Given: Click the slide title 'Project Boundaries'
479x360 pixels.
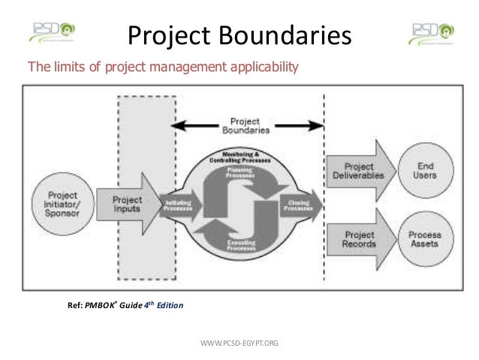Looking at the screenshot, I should tap(238, 33).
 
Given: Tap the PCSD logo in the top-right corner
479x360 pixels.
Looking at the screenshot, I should tap(431, 32).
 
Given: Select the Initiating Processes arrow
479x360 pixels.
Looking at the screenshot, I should tap(179, 204).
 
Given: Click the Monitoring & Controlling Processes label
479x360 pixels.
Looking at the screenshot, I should tap(240, 156).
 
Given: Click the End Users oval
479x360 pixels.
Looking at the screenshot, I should tap(425, 170).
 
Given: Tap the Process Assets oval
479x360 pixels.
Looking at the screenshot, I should tap(425, 239).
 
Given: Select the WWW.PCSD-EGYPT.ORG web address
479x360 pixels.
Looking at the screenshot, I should tap(240, 343).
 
